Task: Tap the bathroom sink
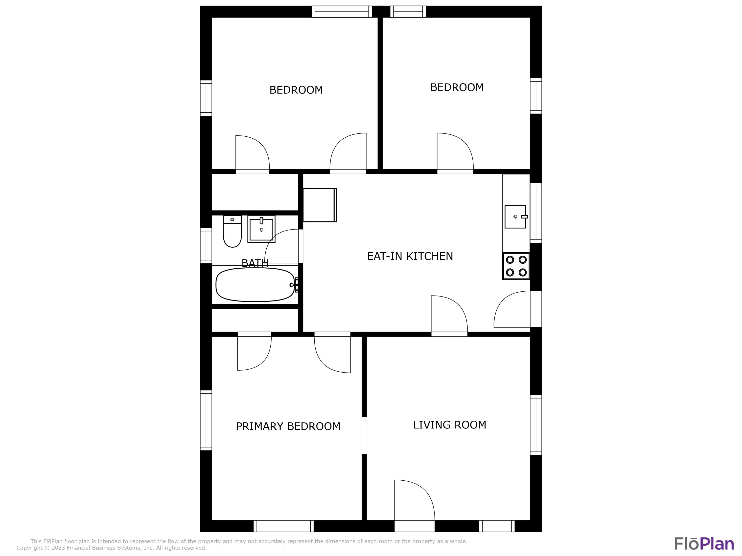(x=261, y=229)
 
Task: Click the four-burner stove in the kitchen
(x=516, y=266)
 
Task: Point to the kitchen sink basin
(x=515, y=217)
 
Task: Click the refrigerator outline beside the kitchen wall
(x=319, y=205)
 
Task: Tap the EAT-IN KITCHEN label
(x=410, y=257)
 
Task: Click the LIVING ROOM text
(x=449, y=425)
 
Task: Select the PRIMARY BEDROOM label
(x=288, y=426)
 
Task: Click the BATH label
(x=255, y=263)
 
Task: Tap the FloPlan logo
(x=704, y=544)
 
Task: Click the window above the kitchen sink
(x=536, y=213)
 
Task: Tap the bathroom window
(x=206, y=246)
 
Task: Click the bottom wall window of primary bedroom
(x=283, y=526)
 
